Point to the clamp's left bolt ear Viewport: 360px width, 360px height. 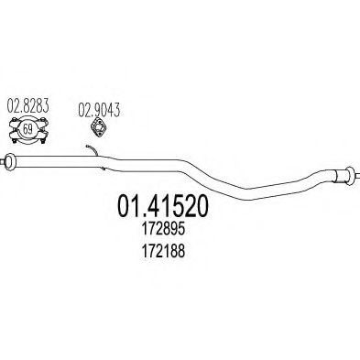(8, 128)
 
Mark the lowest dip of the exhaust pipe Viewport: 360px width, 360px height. (247, 191)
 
